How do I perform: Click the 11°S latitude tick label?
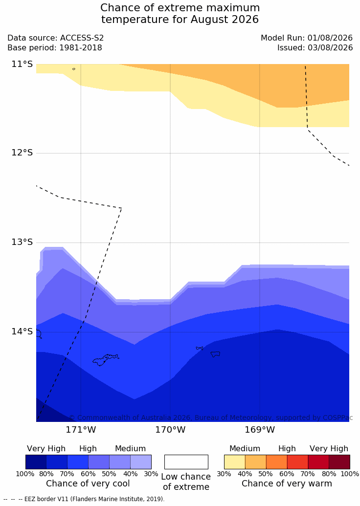click(22, 64)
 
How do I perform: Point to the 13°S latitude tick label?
click(22, 242)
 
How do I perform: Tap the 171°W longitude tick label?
click(81, 430)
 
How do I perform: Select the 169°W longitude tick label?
click(260, 430)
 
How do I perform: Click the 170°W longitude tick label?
click(171, 430)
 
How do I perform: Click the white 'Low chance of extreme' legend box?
click(186, 462)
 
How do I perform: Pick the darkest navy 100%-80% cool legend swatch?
click(36, 462)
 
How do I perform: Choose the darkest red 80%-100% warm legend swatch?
click(339, 462)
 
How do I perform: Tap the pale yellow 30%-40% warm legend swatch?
click(235, 462)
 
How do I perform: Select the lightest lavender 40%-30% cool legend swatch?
click(141, 462)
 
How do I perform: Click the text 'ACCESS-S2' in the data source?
click(82, 38)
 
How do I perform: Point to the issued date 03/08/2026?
click(330, 48)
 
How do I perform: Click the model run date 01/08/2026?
click(330, 38)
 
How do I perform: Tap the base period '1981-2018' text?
click(81, 48)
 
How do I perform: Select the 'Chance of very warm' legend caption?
click(287, 484)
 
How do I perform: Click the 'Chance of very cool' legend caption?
click(88, 484)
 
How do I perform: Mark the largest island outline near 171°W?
click(106, 360)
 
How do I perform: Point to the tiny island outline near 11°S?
click(74, 69)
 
